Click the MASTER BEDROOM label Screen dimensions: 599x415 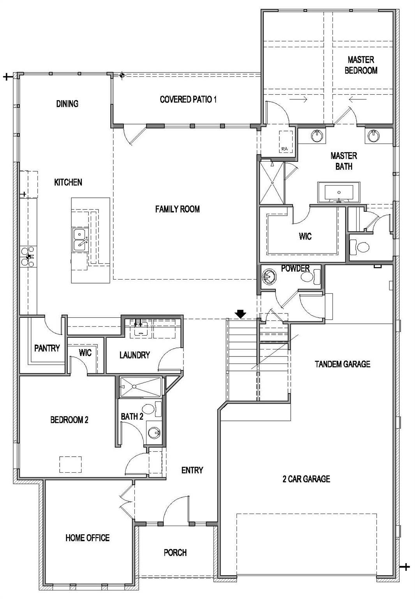[x=361, y=65]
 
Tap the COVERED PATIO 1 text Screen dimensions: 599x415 [x=188, y=99]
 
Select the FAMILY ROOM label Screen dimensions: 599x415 [x=177, y=209]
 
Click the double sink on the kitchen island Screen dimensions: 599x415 [x=80, y=239]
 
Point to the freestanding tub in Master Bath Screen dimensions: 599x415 [x=339, y=192]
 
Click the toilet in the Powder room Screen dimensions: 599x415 [x=310, y=276]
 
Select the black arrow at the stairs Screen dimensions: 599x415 [x=241, y=314]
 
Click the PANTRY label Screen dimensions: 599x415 [x=47, y=348]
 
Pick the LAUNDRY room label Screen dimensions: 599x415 [x=134, y=355]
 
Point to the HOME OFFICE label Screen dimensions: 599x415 [x=87, y=538]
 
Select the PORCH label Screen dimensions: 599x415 [x=175, y=553]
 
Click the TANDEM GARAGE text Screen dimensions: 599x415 [x=342, y=364]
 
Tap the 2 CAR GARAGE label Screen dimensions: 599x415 [x=306, y=479]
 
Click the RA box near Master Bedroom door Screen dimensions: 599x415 [x=285, y=142]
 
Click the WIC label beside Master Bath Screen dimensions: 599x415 [x=305, y=236]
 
